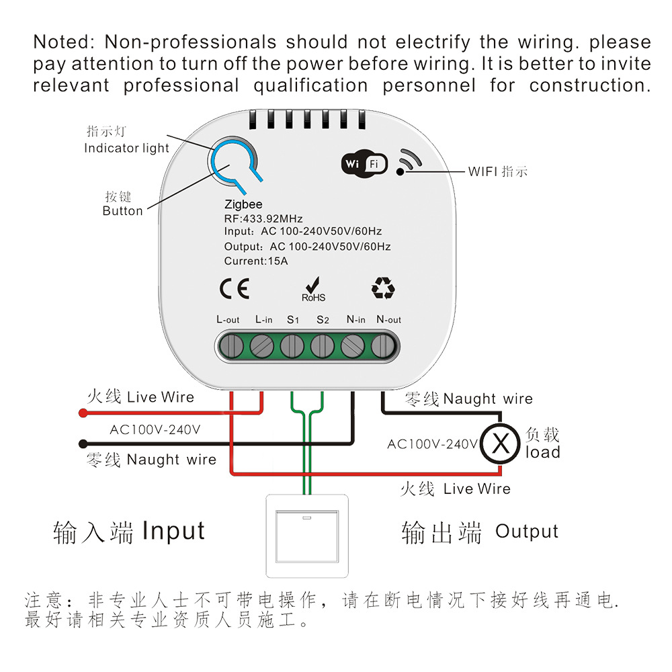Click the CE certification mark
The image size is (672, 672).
[235, 288]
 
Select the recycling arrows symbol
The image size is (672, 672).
[383, 288]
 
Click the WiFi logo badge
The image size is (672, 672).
[365, 163]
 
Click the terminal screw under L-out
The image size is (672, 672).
[231, 347]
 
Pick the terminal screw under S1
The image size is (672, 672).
[292, 347]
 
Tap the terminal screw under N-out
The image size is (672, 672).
[382, 347]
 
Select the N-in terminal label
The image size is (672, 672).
[355, 320]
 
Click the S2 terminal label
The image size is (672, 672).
[323, 320]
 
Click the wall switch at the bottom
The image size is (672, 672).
[308, 536]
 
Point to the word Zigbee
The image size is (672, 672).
[243, 204]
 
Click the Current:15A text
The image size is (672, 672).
[256, 261]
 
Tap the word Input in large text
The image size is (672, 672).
[173, 531]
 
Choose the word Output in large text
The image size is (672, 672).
[527, 532]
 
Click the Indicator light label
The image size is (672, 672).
[126, 148]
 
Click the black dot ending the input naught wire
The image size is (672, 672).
[83, 444]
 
